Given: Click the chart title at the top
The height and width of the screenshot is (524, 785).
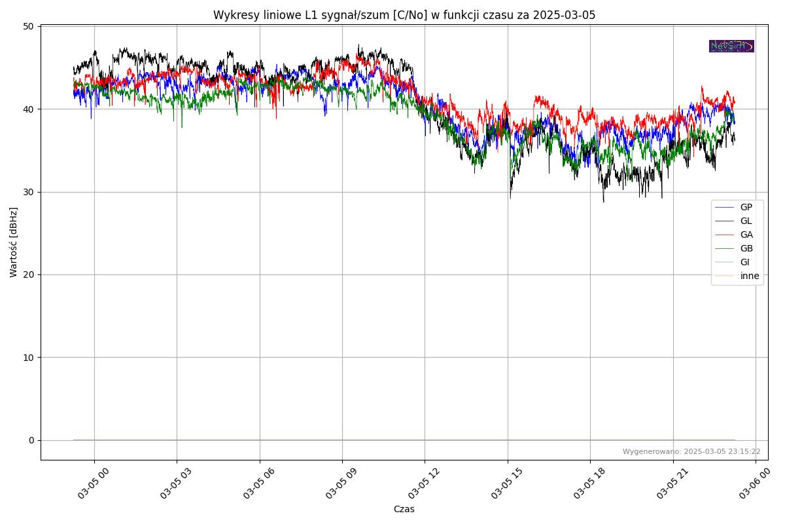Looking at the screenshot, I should [x=404, y=15].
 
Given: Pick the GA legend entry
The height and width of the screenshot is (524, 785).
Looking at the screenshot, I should [x=746, y=234].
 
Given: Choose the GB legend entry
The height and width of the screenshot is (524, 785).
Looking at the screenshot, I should [x=746, y=248].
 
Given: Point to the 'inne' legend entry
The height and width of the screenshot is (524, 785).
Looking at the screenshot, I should [x=750, y=276].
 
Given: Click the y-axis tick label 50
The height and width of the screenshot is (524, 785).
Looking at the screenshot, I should [x=28, y=26].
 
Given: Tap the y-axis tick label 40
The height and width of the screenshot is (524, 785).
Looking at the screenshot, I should [x=28, y=109].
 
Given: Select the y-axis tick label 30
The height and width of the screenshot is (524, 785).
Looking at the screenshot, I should [x=28, y=192].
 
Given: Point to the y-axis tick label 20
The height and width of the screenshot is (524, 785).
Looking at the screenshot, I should [x=28, y=274].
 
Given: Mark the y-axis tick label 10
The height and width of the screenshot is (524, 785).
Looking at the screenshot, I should [x=28, y=358].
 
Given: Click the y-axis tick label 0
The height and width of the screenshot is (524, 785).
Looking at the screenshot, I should [x=31, y=440].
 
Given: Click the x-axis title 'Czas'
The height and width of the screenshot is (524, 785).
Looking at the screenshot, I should [x=404, y=509].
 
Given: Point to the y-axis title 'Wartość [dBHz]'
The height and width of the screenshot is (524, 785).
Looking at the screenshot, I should [x=14, y=242].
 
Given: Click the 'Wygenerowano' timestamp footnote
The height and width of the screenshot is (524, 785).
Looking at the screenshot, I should [x=691, y=451].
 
